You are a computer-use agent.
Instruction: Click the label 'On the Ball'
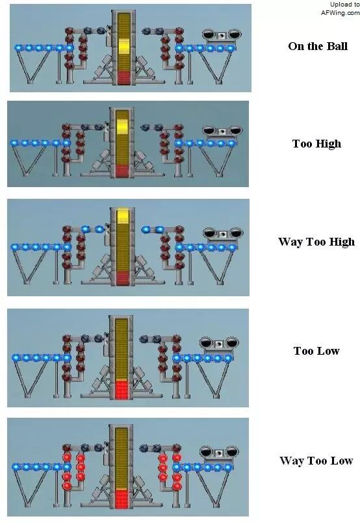(318, 46)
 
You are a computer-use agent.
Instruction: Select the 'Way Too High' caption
(316, 242)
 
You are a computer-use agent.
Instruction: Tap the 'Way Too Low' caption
(316, 461)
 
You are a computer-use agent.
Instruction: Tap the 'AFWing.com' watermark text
(341, 13)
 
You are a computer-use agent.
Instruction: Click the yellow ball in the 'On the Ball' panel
(123, 47)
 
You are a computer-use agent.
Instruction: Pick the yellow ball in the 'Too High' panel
(122, 126)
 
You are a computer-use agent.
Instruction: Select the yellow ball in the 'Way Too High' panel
(123, 216)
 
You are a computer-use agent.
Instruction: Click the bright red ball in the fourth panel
(122, 389)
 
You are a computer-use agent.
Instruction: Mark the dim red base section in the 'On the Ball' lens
(123, 77)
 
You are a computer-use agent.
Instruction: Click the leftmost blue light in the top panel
(18, 47)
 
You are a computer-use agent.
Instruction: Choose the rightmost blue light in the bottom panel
(228, 467)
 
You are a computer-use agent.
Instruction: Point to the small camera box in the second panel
(221, 132)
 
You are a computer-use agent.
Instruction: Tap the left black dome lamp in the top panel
(209, 34)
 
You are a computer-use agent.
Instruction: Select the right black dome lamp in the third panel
(235, 233)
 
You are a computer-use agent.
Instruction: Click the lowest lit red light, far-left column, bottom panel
(67, 486)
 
